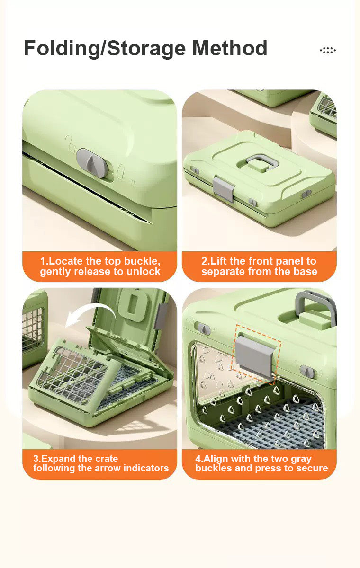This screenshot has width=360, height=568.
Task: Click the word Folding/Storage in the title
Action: [105, 48]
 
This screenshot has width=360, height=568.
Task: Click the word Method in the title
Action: [230, 48]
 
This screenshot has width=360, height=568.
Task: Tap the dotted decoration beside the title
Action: [328, 50]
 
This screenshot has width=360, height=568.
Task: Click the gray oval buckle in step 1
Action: [92, 163]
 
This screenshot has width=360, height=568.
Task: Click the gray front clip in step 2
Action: [223, 189]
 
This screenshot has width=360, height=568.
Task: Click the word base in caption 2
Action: [305, 272]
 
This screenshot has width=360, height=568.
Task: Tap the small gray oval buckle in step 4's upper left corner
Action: [203, 328]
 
